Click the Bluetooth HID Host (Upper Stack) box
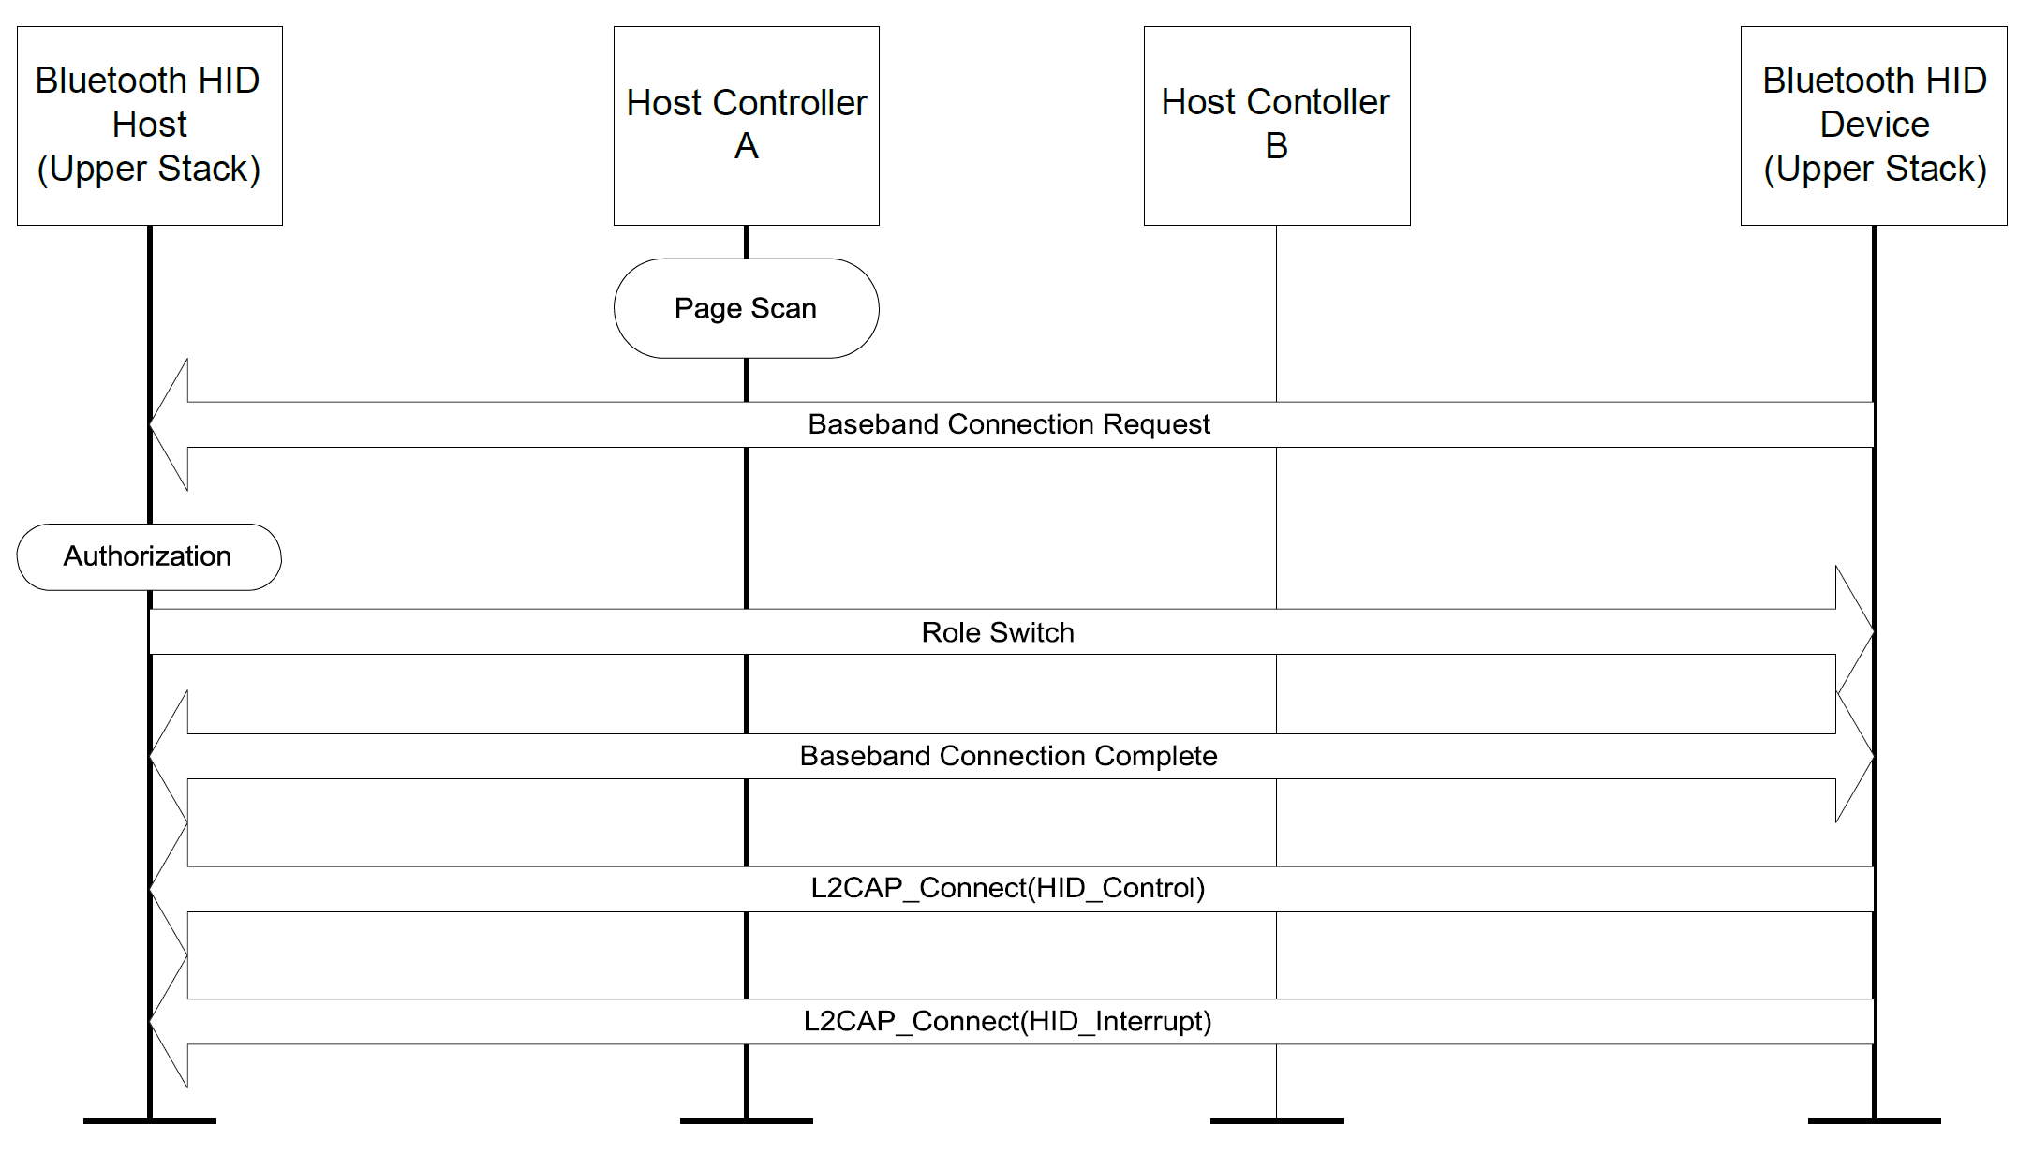click(x=150, y=126)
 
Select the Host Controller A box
click(x=746, y=126)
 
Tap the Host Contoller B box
click(x=1276, y=126)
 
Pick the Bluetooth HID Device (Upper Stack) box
click(x=1874, y=126)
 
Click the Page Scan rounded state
click(x=746, y=308)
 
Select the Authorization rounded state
click(x=148, y=556)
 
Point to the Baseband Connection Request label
click(x=1008, y=424)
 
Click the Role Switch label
click(x=997, y=632)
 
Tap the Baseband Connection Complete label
click(x=1008, y=756)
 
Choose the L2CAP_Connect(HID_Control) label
click(x=1007, y=888)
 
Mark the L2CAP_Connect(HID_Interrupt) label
click(x=1007, y=1021)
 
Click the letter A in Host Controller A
click(x=746, y=147)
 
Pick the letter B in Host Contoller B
click(x=1276, y=147)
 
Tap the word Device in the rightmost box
click(x=1874, y=125)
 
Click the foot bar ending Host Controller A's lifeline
click(x=746, y=1120)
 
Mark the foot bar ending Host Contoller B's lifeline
click(x=1276, y=1120)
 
